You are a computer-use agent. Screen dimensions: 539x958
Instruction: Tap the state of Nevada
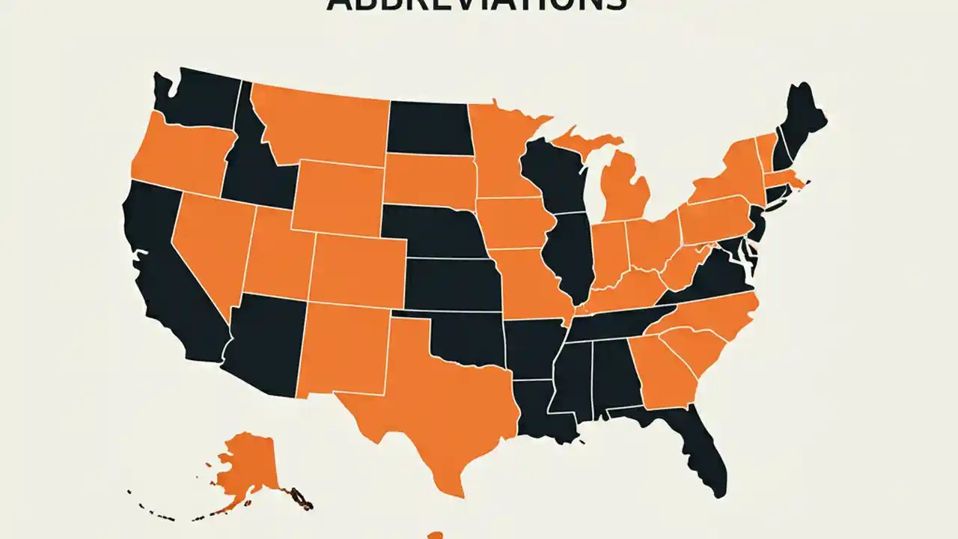pyautogui.click(x=213, y=240)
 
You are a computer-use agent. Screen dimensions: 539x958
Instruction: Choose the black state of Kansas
pyautogui.click(x=453, y=284)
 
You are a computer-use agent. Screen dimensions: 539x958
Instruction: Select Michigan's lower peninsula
pyautogui.click(x=625, y=191)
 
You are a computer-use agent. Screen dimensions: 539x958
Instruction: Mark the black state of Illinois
pyautogui.click(x=573, y=255)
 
